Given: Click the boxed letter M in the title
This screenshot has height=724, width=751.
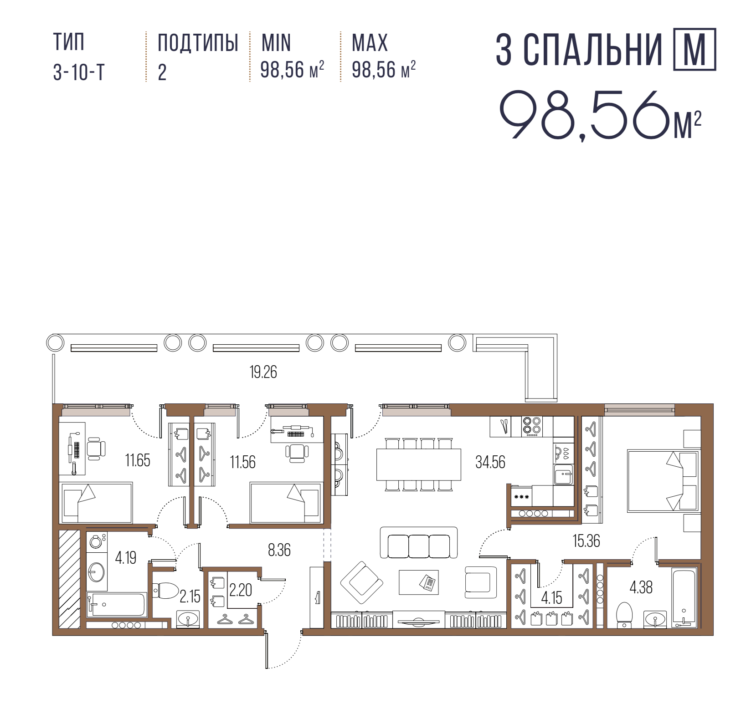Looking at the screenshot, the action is [695, 49].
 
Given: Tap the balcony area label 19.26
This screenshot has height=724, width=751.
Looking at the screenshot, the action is [263, 372].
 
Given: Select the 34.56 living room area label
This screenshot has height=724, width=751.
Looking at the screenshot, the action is [490, 462].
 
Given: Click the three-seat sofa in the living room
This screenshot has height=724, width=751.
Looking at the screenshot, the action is [419, 542].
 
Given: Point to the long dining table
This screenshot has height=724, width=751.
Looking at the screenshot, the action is [419, 464].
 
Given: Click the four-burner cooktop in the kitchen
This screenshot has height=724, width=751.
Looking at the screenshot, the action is [532, 427].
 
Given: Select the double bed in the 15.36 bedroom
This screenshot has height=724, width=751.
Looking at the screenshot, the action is [663, 481].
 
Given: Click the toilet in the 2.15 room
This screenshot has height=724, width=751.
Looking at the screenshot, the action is [166, 591].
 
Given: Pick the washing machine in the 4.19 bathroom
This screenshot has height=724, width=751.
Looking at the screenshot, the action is [97, 542].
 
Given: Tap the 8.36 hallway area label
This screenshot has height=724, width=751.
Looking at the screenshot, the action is [279, 550].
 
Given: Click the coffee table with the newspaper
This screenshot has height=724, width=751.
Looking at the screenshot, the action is [419, 582].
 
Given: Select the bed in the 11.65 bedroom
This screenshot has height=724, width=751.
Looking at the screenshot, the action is [96, 503].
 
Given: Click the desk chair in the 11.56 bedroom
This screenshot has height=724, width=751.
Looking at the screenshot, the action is [297, 453].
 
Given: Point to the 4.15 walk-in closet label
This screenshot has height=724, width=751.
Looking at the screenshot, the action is [551, 597].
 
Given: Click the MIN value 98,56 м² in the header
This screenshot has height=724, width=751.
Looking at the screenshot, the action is [292, 70].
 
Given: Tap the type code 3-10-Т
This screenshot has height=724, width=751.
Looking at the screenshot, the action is [79, 72].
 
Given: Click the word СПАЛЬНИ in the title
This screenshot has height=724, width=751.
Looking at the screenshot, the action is [592, 50].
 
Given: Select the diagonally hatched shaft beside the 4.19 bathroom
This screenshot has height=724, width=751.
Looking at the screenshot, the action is [69, 579].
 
